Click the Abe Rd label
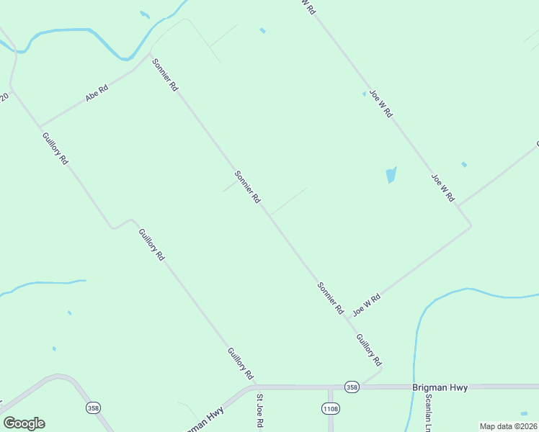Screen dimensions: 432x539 click(97, 93)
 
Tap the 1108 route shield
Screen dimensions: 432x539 click(330, 408)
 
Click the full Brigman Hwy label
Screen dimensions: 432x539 click(440, 387)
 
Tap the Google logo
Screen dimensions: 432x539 click(24, 423)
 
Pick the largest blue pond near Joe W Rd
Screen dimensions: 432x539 click(391, 175)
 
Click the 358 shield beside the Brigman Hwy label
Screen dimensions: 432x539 click(352, 387)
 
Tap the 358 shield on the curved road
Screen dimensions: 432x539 click(94, 408)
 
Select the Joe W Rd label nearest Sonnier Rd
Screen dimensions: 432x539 click(366, 304)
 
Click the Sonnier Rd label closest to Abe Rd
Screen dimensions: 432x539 click(164, 74)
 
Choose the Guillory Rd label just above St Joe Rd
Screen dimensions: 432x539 click(241, 364)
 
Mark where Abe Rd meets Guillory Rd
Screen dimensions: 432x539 click(40, 126)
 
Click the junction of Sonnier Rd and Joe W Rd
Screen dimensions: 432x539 click(348, 318)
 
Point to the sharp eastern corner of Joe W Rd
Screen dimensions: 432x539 click(471, 226)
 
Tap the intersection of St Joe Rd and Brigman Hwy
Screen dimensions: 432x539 click(257, 387)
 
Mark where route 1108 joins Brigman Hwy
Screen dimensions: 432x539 click(330, 387)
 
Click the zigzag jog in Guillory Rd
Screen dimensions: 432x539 click(121, 223)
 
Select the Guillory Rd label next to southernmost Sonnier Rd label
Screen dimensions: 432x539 click(367, 350)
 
